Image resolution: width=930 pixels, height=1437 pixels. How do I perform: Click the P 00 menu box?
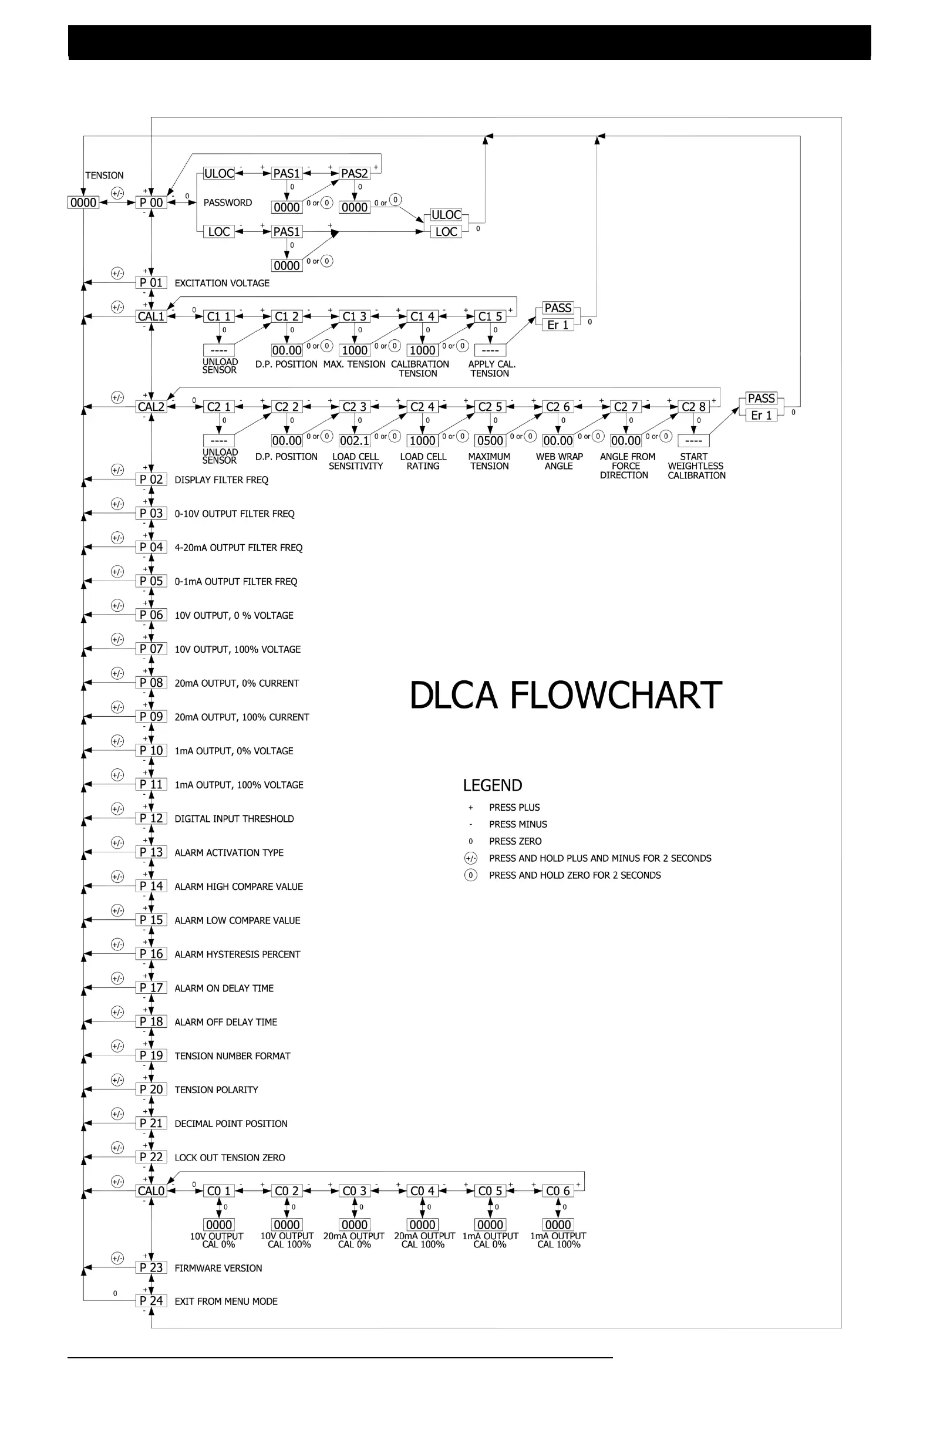click(151, 203)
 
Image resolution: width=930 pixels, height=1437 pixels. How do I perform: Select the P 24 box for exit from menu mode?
click(151, 1301)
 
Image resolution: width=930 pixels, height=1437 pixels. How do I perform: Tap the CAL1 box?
click(151, 316)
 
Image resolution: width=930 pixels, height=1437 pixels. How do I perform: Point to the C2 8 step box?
click(693, 407)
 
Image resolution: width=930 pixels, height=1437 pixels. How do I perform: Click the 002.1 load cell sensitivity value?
click(355, 441)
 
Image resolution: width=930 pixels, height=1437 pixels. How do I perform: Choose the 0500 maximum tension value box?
click(490, 441)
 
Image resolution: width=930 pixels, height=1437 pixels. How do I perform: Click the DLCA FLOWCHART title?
click(565, 695)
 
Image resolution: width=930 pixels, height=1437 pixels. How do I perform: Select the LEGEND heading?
click(492, 785)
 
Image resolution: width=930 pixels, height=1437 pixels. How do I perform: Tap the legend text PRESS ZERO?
click(515, 841)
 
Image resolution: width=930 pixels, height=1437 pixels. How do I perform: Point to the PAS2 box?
click(355, 174)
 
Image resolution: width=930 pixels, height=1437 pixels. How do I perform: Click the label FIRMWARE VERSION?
click(218, 1268)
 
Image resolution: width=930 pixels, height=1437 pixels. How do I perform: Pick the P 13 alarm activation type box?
click(151, 852)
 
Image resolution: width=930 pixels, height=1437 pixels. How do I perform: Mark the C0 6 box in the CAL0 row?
click(557, 1190)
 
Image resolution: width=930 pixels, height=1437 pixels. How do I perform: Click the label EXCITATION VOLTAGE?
click(221, 283)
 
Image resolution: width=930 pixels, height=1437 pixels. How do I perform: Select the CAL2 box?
click(151, 407)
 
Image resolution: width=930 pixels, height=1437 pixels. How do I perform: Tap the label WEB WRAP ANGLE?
click(559, 461)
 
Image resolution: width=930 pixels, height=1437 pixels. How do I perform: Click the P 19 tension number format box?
click(151, 1055)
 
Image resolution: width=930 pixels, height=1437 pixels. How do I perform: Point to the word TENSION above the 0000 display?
click(104, 176)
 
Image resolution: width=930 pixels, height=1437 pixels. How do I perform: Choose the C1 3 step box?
click(355, 316)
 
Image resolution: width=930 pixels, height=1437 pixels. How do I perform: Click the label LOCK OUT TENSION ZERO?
click(230, 1158)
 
